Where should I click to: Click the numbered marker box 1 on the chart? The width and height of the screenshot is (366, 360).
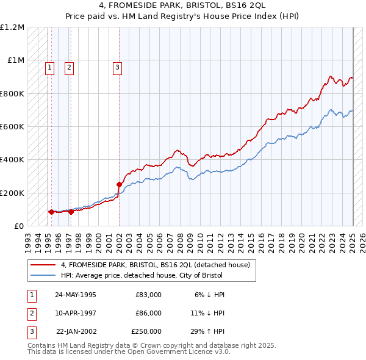[x=49, y=68]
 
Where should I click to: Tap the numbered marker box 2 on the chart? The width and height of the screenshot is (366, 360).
[x=70, y=68]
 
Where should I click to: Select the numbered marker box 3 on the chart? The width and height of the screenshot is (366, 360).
[x=117, y=68]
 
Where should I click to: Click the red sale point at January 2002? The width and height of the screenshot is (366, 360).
[x=119, y=183]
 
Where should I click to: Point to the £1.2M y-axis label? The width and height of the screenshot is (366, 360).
[x=13, y=27]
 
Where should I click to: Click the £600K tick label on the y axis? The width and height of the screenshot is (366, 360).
[x=13, y=126]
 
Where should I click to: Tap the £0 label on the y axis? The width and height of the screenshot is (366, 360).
[x=19, y=226]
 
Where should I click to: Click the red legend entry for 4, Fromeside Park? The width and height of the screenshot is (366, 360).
[x=156, y=265]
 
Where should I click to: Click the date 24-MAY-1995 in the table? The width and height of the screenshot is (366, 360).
[x=76, y=295]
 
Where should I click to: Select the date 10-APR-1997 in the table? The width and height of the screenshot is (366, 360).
[x=76, y=313]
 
